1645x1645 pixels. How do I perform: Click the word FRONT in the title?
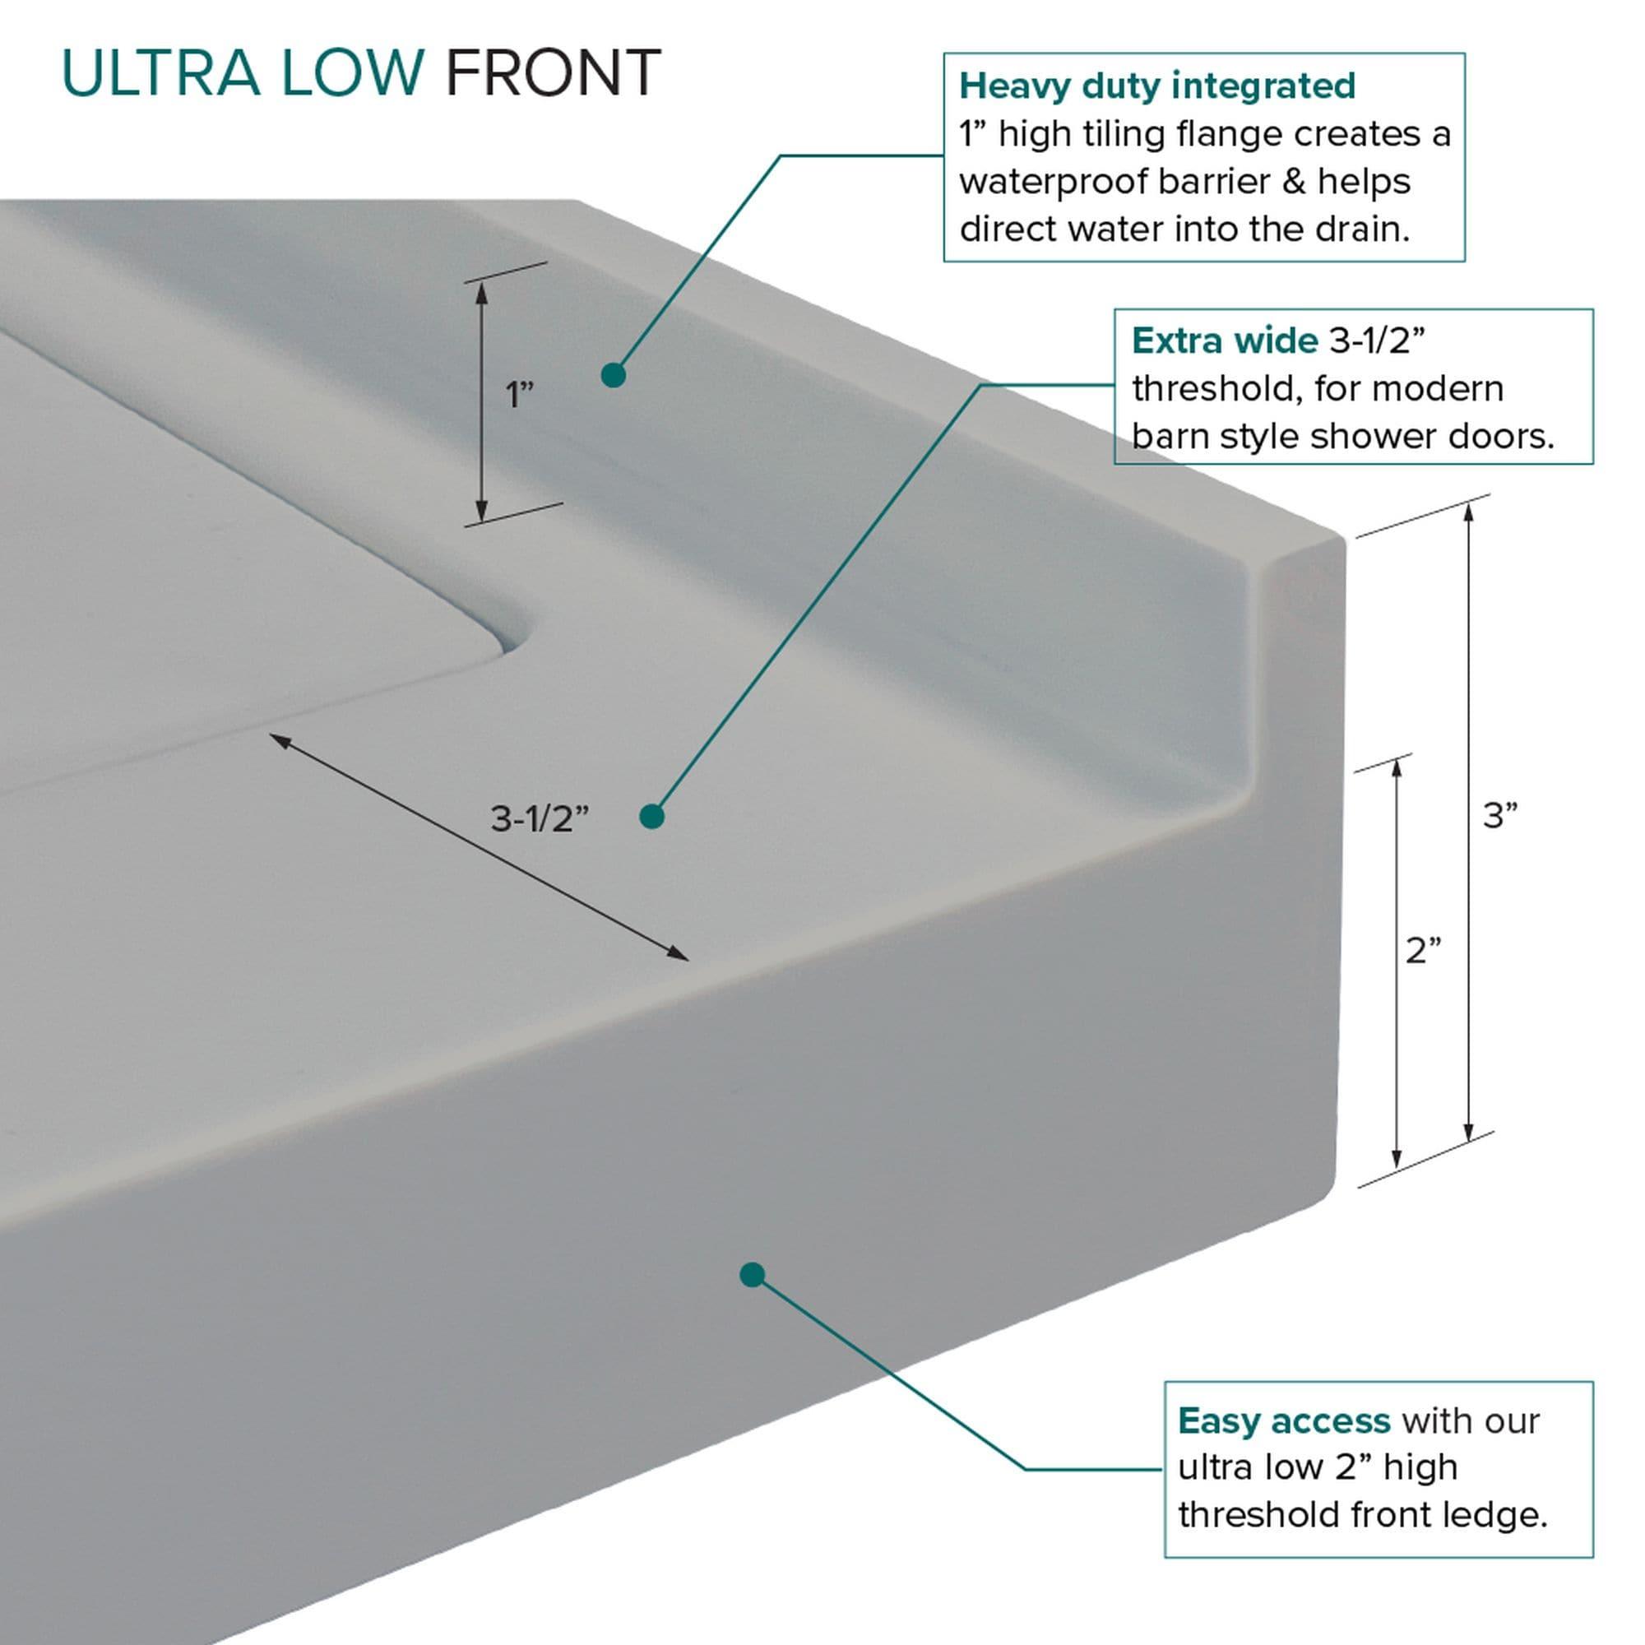click(553, 73)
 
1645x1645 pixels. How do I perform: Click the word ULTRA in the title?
click(160, 73)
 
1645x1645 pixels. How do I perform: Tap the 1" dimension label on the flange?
click(518, 394)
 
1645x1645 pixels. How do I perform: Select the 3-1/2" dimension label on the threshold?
click(539, 819)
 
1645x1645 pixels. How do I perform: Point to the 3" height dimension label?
click(1500, 816)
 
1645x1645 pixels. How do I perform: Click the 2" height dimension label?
click(1423, 951)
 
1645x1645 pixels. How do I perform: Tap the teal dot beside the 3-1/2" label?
click(651, 817)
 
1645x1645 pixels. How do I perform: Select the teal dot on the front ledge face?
click(752, 1275)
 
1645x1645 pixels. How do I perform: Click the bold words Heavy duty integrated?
click(1157, 86)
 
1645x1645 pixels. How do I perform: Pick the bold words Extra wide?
click(1224, 341)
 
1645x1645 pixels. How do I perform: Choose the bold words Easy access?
click(1284, 1421)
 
